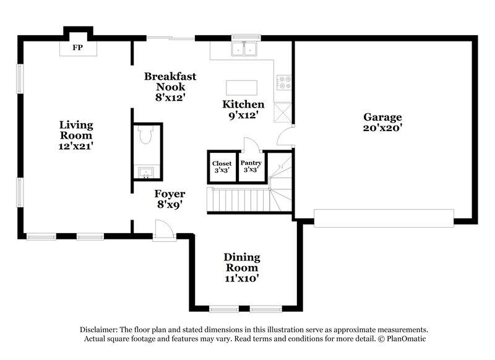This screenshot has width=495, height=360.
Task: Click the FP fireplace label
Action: point(77,47)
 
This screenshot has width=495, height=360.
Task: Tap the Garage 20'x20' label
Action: point(382,122)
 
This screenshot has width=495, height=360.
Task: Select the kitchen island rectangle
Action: point(241,87)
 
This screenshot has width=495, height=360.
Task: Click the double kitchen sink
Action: point(244,49)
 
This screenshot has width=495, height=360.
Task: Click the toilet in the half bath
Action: point(147,135)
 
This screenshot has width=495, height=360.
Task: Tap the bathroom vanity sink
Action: point(147,171)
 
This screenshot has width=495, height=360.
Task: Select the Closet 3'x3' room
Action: point(222,167)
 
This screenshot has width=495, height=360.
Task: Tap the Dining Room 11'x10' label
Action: point(241,267)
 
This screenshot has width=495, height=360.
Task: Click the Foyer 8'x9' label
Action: point(170,199)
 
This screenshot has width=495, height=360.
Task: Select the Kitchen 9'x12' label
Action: point(243,109)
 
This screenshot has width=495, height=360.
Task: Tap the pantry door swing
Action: point(252,146)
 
